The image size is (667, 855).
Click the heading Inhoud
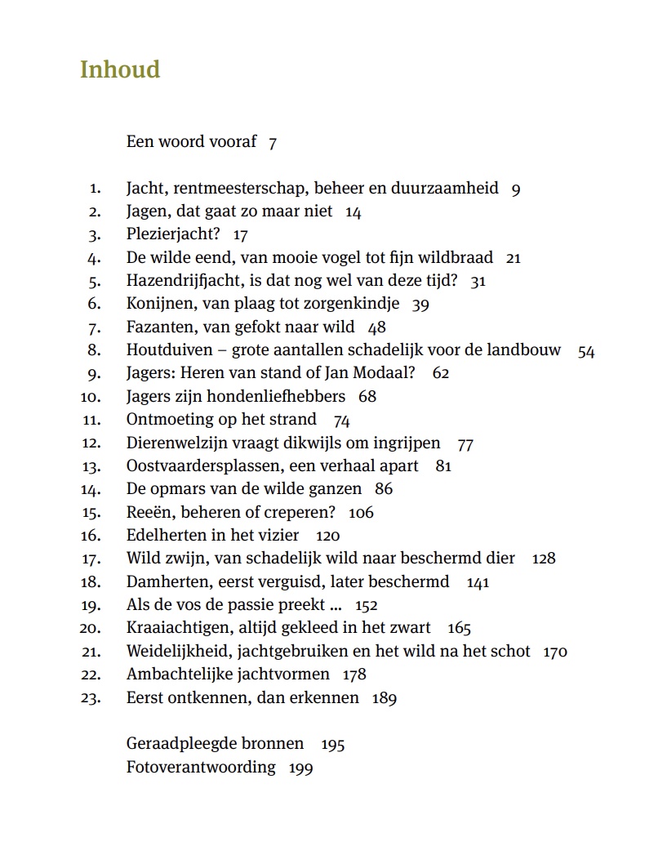coord(120,70)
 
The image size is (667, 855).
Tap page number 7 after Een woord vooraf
coord(273,143)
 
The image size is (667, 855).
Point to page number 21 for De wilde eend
coord(514,258)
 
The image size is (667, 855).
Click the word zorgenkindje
coord(351,304)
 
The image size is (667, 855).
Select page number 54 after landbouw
coord(586,352)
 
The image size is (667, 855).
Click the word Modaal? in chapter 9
coord(385,373)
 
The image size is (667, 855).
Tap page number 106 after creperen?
coord(361,513)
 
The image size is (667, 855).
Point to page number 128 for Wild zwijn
coord(543,559)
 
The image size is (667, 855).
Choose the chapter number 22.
coord(91,675)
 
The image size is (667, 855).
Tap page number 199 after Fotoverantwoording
coord(300,768)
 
